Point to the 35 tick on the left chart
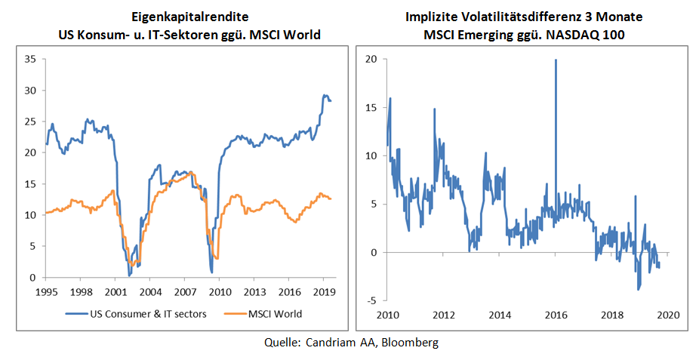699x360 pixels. (x=31, y=59)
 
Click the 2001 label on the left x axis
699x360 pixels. (x=115, y=291)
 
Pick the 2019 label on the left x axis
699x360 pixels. (x=323, y=291)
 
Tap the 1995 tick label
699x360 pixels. (x=46, y=291)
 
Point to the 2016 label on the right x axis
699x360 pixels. (x=556, y=313)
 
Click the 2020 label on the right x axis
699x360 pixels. (x=668, y=313)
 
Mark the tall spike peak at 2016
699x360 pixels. (x=556, y=60)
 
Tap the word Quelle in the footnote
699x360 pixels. (x=280, y=343)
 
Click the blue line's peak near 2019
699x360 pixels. (x=325, y=96)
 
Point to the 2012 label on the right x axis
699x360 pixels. (x=443, y=313)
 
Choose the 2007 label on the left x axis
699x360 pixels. (x=184, y=291)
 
